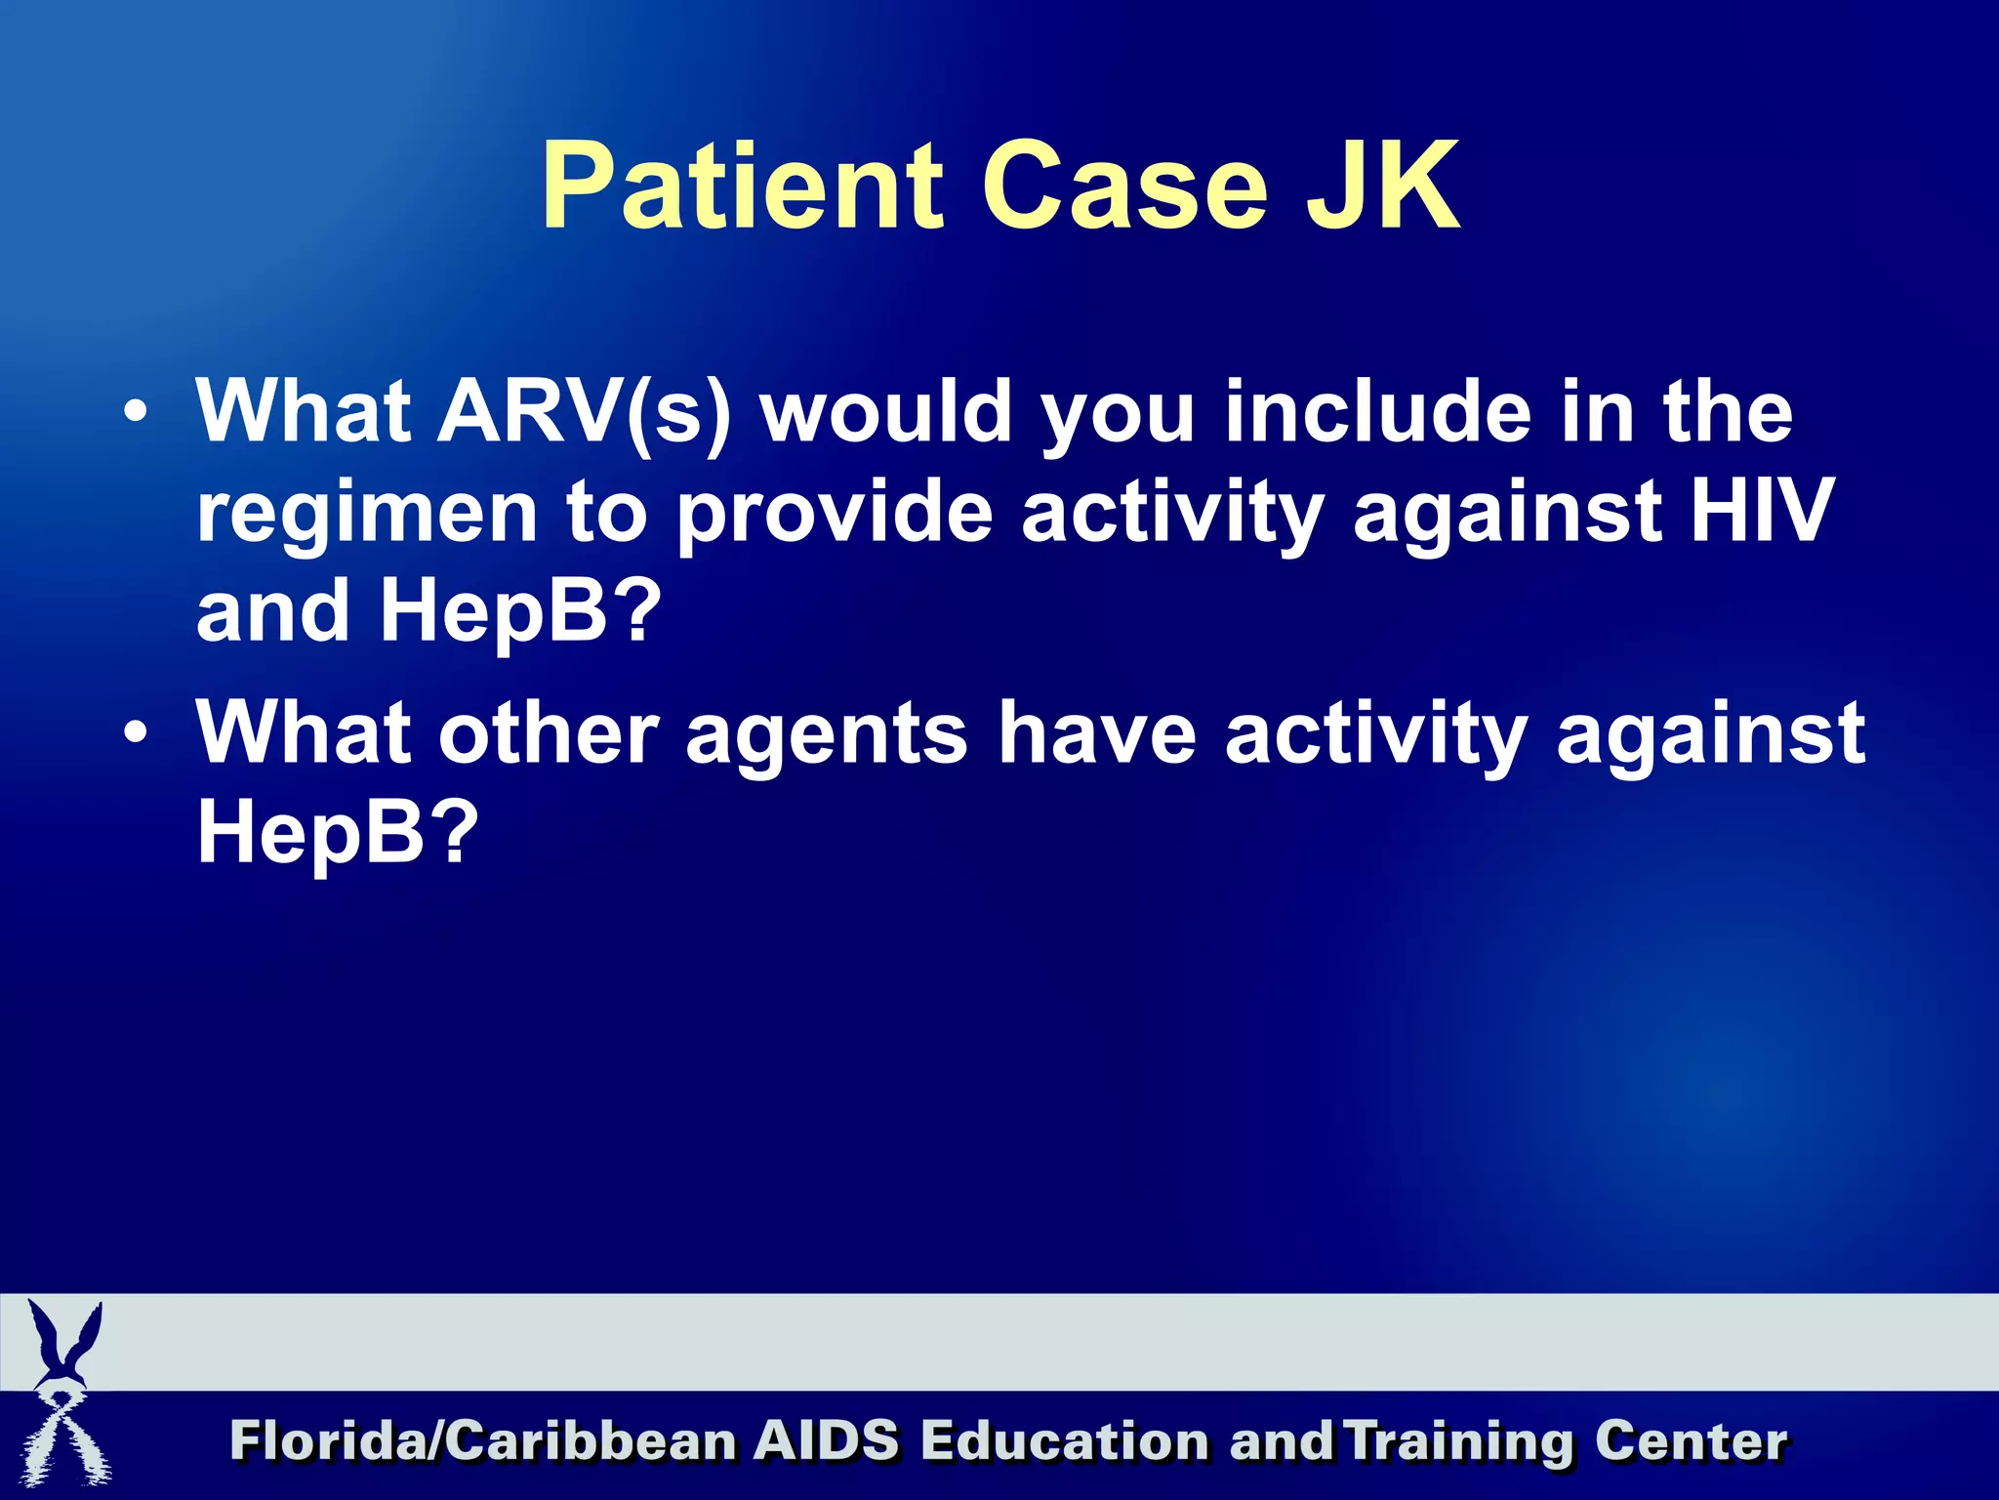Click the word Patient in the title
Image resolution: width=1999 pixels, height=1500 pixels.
click(x=743, y=186)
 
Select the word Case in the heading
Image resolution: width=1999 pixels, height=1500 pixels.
click(x=1123, y=186)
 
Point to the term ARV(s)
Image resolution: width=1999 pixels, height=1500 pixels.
click(x=584, y=412)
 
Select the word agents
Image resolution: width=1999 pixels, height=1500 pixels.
click(x=826, y=734)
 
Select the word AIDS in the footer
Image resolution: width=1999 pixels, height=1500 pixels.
click(x=826, y=1441)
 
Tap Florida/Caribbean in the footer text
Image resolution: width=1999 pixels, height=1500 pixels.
click(x=482, y=1441)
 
